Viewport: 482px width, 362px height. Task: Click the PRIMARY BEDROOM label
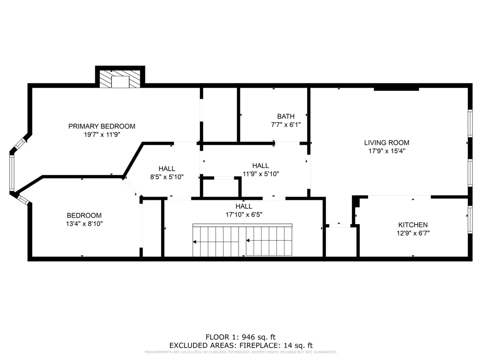(x=102, y=126)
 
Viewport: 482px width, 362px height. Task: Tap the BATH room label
(x=286, y=116)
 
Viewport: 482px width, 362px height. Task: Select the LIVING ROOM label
(x=386, y=142)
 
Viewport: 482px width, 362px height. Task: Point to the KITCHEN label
(x=413, y=225)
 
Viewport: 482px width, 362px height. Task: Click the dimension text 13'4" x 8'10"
(x=84, y=224)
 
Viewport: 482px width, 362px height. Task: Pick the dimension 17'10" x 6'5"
(x=244, y=214)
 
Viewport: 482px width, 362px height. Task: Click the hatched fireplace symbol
(x=120, y=79)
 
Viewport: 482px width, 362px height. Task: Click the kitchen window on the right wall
(x=470, y=219)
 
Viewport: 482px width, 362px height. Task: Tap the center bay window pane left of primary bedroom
(x=12, y=173)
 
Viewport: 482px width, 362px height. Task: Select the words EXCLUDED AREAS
(x=203, y=345)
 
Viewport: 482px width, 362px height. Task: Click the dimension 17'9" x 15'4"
(x=386, y=151)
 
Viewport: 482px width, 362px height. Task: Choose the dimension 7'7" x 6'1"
(x=286, y=125)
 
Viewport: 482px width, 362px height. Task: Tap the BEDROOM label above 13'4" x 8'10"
(x=84, y=216)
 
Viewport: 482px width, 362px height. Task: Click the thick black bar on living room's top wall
(x=396, y=89)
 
